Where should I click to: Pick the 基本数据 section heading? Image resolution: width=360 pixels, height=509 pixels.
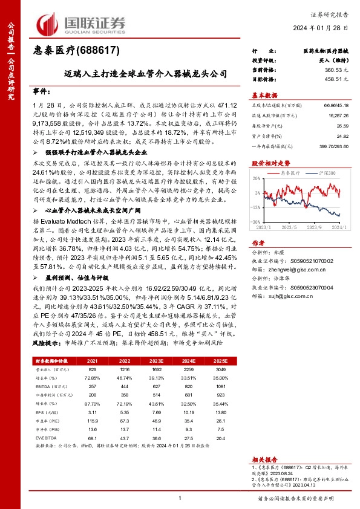coord(264,96)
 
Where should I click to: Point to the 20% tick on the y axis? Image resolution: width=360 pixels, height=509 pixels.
coord(257,178)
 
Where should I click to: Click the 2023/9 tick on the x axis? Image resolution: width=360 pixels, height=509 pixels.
coord(316,227)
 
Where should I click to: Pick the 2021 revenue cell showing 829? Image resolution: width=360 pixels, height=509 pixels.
coord(92,368)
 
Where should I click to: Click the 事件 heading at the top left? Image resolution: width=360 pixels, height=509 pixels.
coord(41,91)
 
